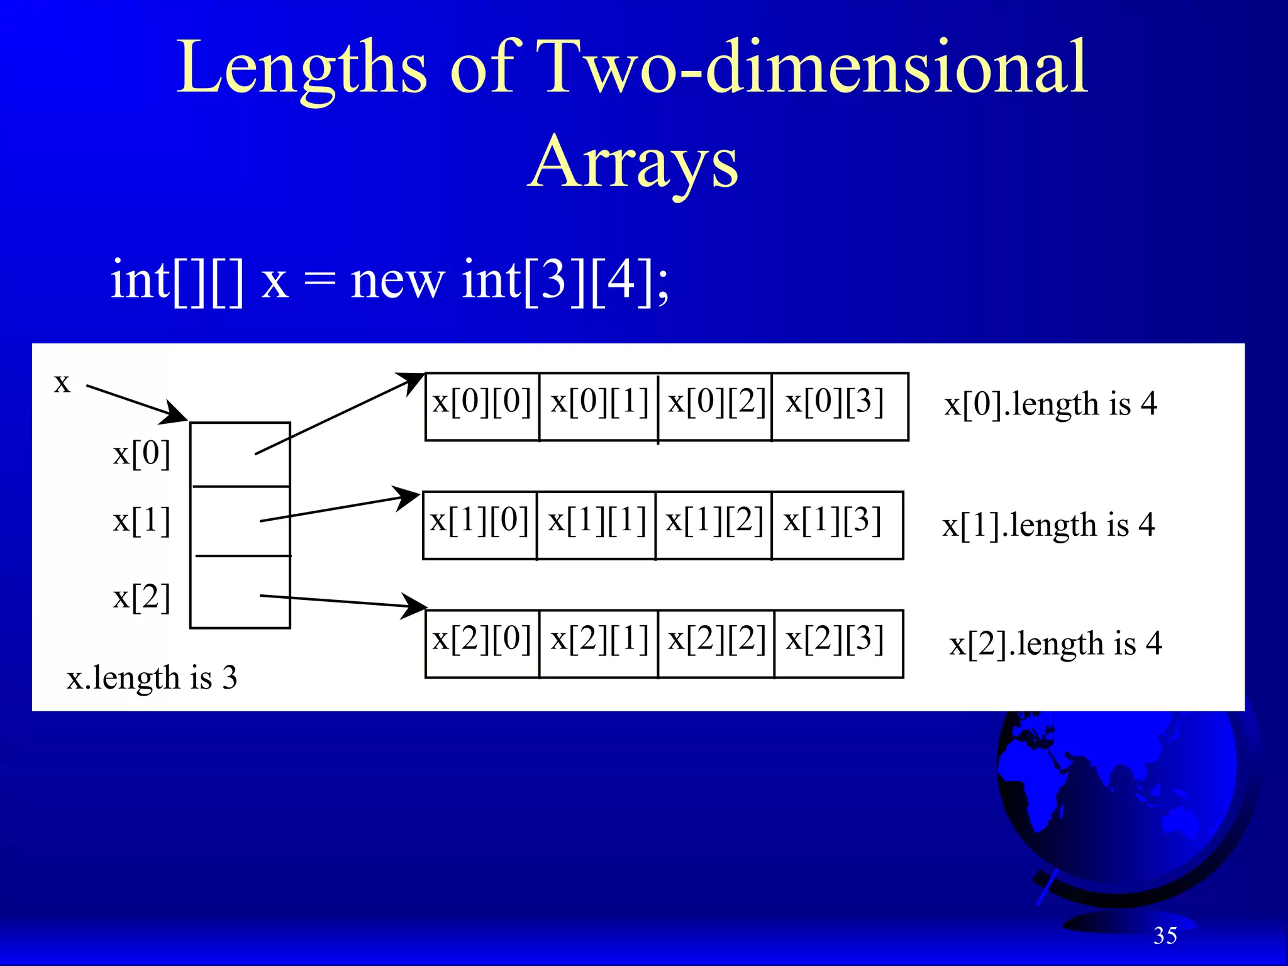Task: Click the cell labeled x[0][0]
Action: (x=482, y=406)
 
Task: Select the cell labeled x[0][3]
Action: (x=839, y=406)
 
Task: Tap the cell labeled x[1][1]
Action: (x=596, y=525)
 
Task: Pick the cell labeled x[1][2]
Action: (x=714, y=525)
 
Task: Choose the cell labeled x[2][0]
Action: (x=482, y=643)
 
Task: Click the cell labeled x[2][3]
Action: (x=838, y=643)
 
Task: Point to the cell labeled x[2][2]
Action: (x=716, y=643)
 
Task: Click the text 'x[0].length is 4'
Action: (x=1050, y=404)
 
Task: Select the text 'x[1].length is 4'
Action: (x=1048, y=525)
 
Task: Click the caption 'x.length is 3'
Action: (x=152, y=678)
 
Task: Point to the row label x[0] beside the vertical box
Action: (x=142, y=453)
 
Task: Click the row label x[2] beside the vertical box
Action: (x=142, y=597)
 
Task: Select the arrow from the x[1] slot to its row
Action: (x=340, y=508)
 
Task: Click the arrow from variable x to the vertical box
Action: (x=136, y=402)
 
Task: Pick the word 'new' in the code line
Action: (x=397, y=280)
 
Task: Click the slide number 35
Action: (x=1165, y=936)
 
